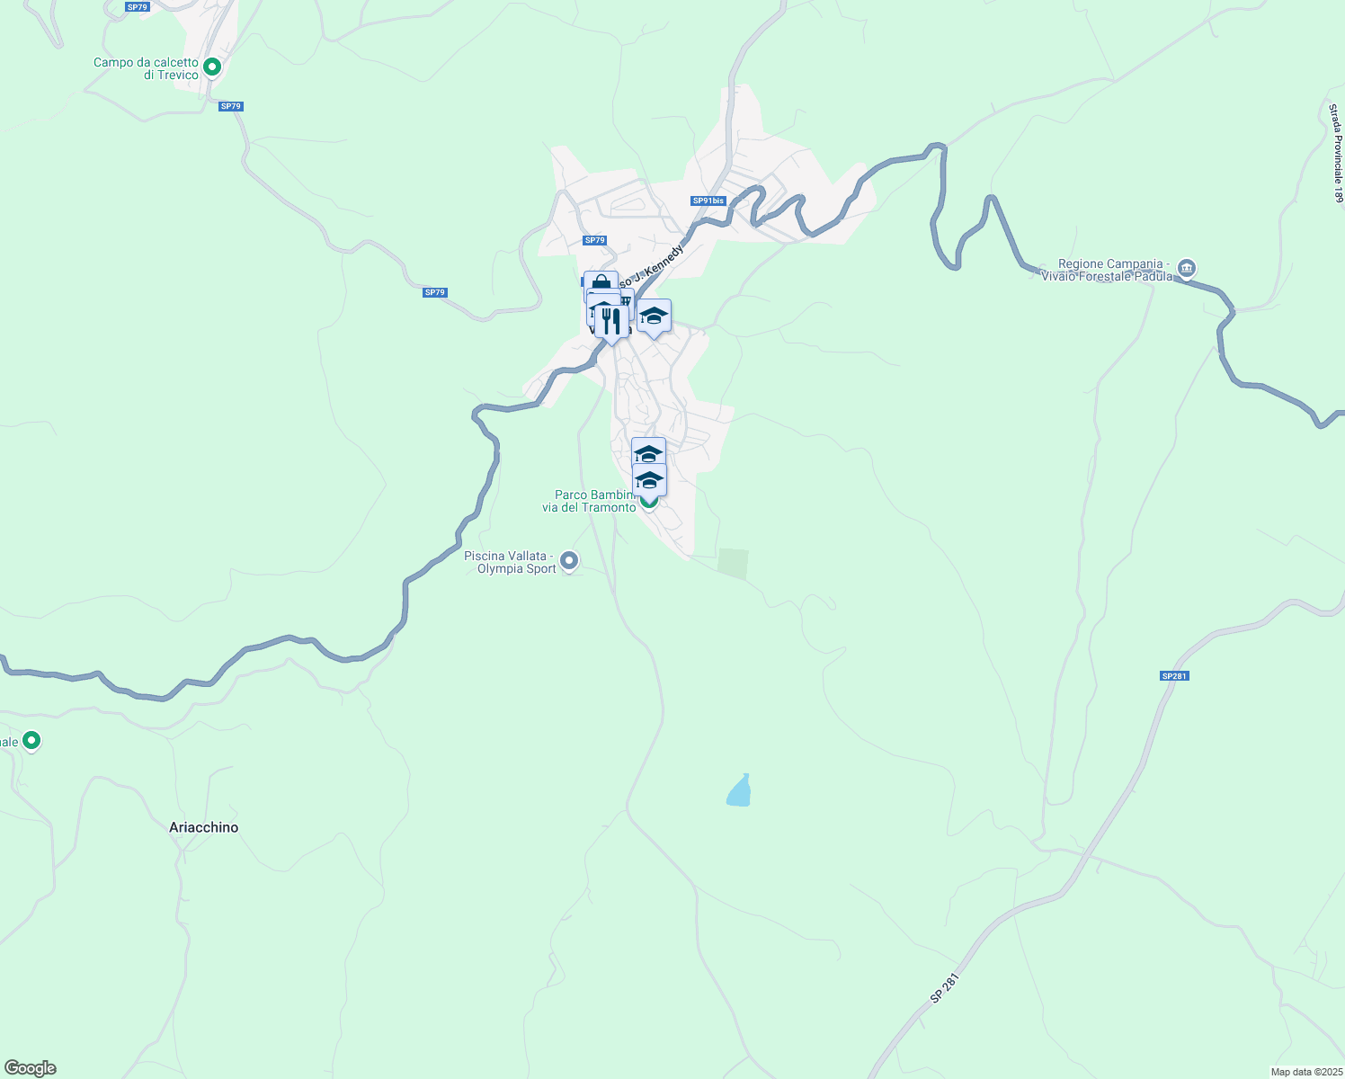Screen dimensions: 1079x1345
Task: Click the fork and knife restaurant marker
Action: click(x=611, y=320)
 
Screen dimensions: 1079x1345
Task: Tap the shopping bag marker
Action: click(x=601, y=284)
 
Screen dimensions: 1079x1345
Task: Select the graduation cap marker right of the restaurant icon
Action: click(x=654, y=316)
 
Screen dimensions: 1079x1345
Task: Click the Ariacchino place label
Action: click(x=204, y=827)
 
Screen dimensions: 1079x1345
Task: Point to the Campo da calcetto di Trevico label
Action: click(x=146, y=68)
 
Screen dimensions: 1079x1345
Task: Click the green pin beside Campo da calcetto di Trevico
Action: click(x=212, y=67)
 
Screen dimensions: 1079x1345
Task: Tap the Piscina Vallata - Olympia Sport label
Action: click(x=510, y=562)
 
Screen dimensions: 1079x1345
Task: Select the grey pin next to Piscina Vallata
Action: click(x=569, y=561)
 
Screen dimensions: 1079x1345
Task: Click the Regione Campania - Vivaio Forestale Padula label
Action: click(x=1115, y=270)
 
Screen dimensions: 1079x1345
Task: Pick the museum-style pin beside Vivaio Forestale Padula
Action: click(x=1187, y=268)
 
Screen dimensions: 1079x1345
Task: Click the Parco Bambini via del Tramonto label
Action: click(x=588, y=501)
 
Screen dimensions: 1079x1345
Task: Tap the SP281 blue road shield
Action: click(x=1174, y=675)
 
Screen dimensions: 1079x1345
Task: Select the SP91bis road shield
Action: click(x=708, y=201)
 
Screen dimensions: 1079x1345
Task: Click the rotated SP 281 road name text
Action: click(x=945, y=988)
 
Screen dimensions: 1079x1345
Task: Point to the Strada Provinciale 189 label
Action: click(x=1336, y=152)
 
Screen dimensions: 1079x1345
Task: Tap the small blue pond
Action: click(x=739, y=791)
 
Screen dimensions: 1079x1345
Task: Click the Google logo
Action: click(x=31, y=1068)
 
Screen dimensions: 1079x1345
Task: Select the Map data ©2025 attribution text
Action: click(x=1305, y=1072)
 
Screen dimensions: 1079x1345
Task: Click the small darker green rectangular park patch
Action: click(x=733, y=564)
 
